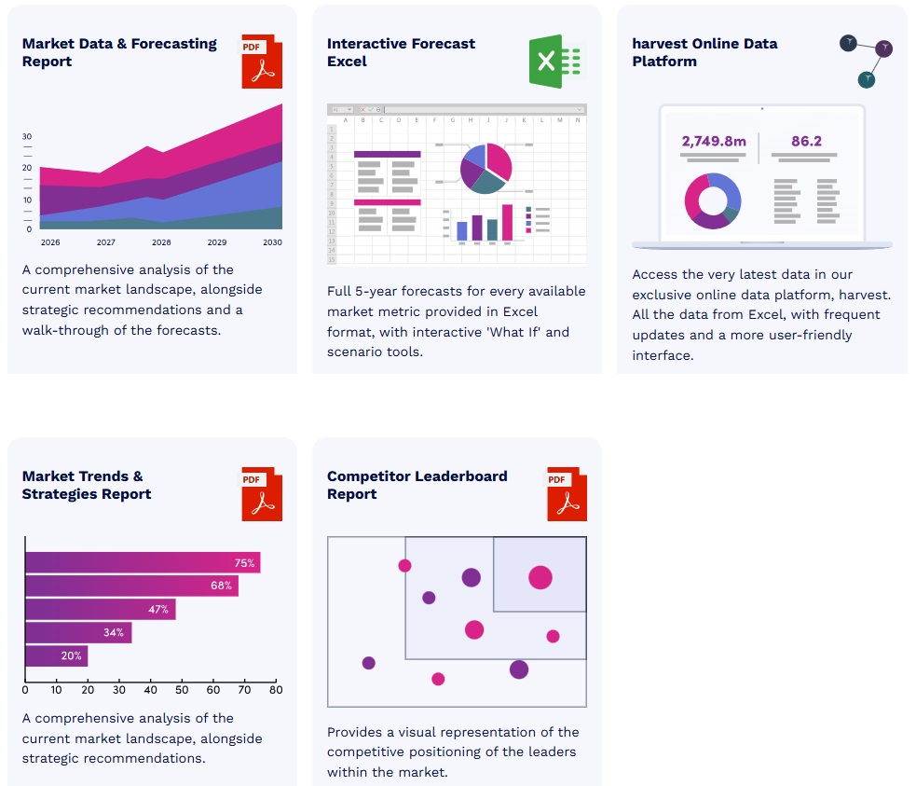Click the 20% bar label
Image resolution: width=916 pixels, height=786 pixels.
[72, 655]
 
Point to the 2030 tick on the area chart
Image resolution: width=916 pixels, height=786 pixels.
[272, 242]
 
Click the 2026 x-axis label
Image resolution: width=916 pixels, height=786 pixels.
[50, 242]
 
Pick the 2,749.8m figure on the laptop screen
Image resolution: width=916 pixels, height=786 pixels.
[714, 142]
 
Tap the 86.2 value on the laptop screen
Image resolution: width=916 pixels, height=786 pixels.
[806, 142]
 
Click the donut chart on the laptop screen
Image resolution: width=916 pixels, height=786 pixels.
[713, 200]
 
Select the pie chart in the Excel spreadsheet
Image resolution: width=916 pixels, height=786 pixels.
[485, 168]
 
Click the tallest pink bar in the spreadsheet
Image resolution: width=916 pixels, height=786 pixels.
[508, 223]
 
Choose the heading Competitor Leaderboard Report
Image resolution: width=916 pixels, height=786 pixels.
[417, 485]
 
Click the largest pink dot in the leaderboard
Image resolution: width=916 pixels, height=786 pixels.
[540, 577]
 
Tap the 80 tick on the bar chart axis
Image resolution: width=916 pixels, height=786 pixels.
[276, 690]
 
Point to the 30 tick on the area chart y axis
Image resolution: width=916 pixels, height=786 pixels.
[27, 136]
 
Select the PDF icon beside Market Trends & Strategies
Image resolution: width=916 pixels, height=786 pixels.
[261, 493]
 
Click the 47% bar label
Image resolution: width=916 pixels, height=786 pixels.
[158, 609]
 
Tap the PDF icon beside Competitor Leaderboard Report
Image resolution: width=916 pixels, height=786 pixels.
[567, 493]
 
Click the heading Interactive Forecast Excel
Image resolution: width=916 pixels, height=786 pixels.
[401, 52]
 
